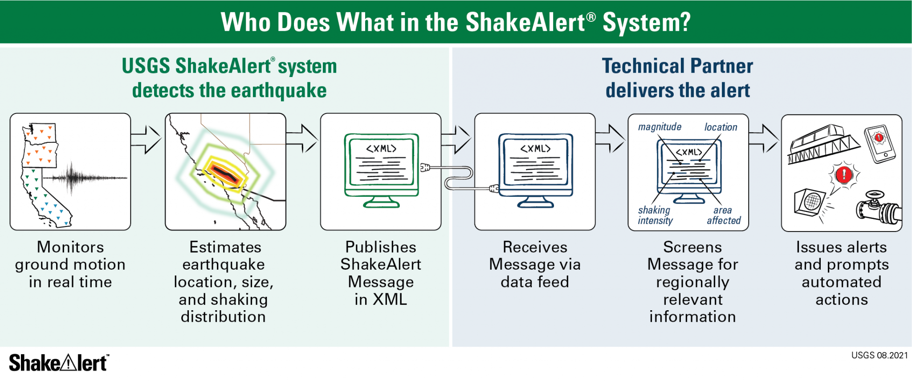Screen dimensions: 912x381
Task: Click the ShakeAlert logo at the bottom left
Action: coord(58,363)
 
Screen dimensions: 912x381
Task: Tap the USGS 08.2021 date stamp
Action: coord(879,355)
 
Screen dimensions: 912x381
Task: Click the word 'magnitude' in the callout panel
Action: coord(660,127)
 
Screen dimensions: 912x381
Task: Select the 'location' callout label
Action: coord(721,127)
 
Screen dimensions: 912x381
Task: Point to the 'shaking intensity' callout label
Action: coord(655,215)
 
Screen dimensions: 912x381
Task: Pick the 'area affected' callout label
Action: coord(724,215)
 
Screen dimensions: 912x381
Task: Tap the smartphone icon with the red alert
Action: coord(879,144)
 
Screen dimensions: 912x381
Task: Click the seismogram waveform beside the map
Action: coord(85,178)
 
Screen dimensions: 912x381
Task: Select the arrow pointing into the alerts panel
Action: coord(764,138)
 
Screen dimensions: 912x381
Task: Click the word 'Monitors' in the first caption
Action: coord(70,247)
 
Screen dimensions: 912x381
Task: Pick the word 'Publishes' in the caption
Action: coord(381,247)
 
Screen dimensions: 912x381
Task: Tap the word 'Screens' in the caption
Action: coord(692,247)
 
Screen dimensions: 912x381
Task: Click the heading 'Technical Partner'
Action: coord(677,66)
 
